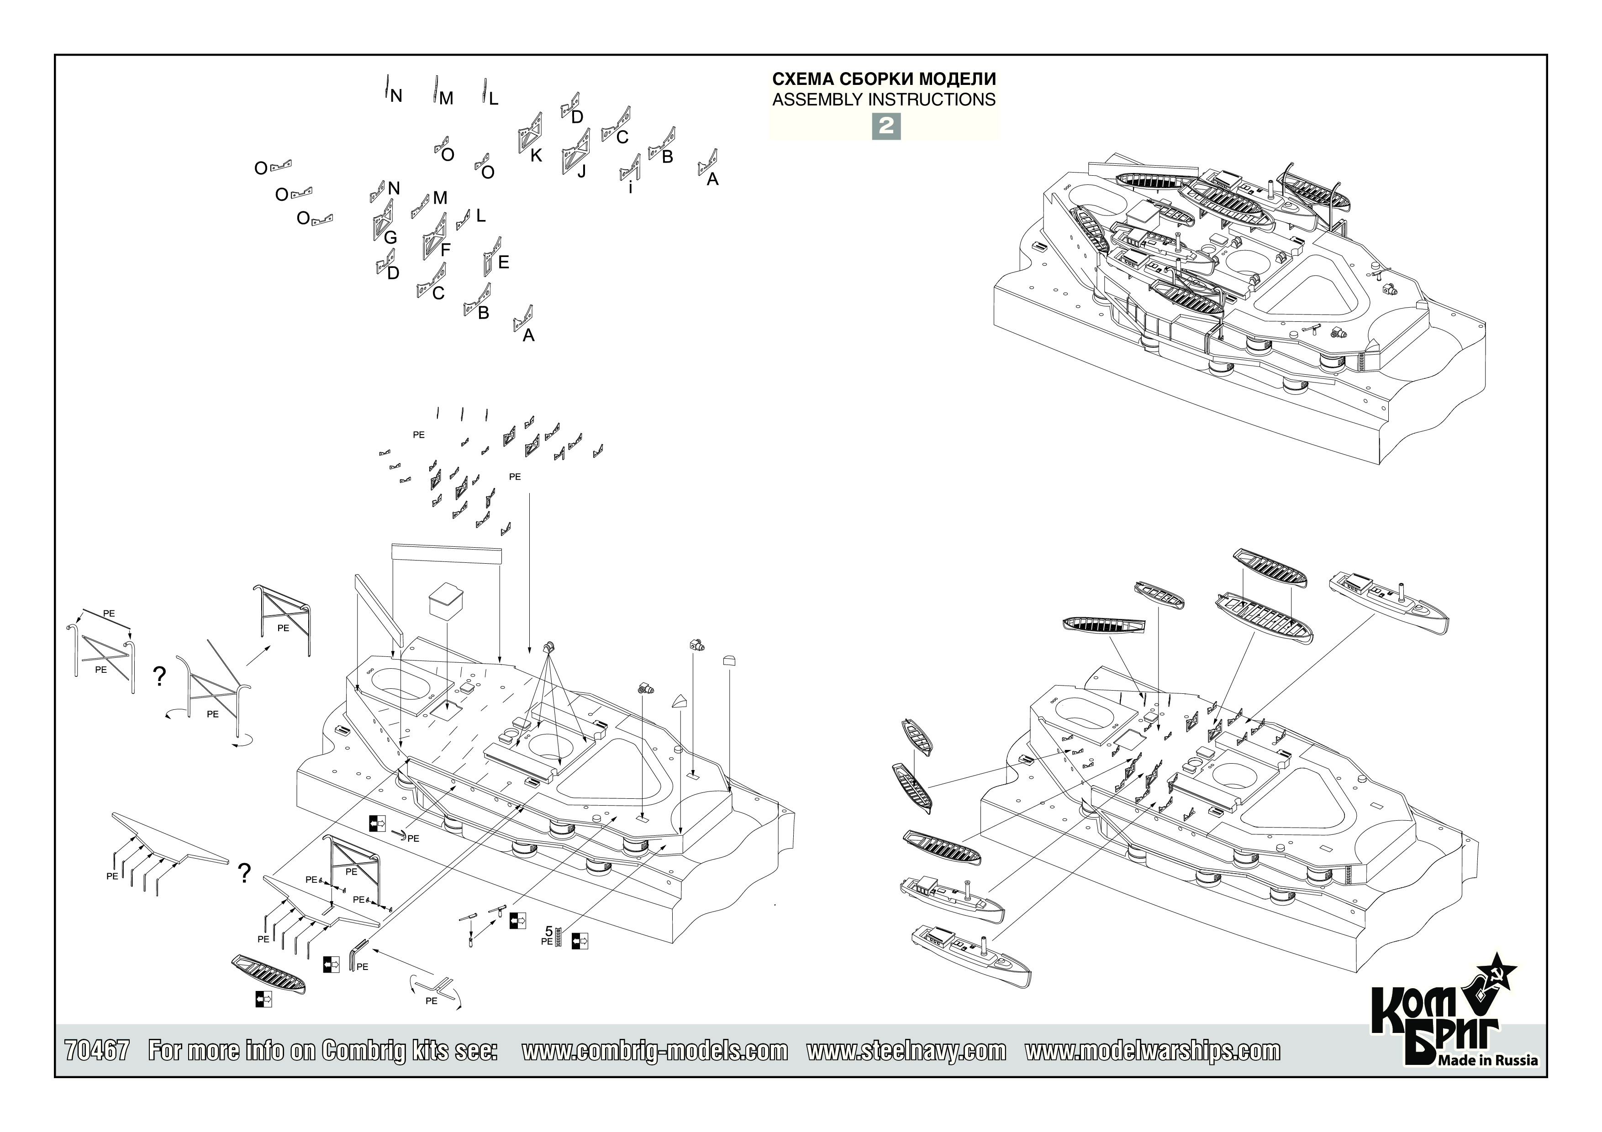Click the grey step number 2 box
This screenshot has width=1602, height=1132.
[x=885, y=126]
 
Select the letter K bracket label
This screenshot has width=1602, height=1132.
[x=536, y=156]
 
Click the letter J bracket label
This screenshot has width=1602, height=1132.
[x=581, y=171]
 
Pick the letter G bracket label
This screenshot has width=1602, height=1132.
[x=391, y=238]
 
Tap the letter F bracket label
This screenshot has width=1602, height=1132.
[x=446, y=249]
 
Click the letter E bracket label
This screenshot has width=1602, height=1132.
[x=503, y=262]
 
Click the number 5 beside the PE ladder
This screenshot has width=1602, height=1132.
[x=548, y=931]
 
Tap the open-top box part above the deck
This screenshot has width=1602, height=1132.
[x=447, y=601]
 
